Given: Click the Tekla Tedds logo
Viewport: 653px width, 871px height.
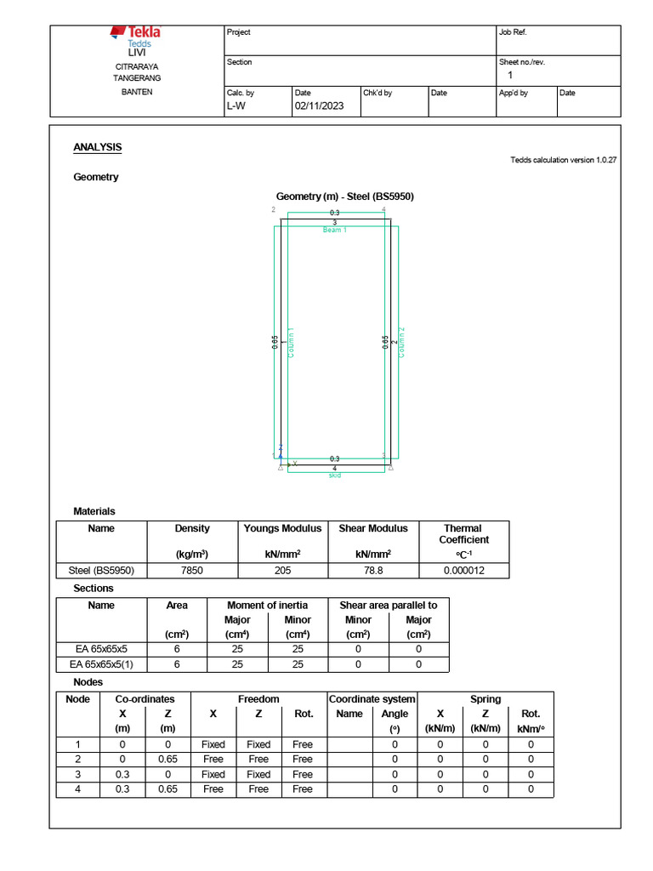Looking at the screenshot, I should [x=136, y=37].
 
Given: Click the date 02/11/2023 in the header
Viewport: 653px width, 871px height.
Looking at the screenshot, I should [x=319, y=106].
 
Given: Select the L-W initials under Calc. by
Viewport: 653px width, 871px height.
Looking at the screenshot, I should [x=236, y=106].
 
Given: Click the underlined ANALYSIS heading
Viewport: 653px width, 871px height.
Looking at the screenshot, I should [x=98, y=147].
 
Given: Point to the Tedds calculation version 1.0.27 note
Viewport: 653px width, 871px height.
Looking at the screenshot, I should [x=563, y=160].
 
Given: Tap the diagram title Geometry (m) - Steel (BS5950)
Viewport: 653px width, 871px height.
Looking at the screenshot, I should [x=345, y=196].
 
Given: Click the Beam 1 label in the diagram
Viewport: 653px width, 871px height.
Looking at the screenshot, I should [x=335, y=231].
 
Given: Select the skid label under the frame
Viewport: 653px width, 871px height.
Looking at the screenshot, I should [x=335, y=475].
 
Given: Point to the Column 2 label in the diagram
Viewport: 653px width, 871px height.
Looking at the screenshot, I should [x=402, y=342].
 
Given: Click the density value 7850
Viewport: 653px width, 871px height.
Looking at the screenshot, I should [x=192, y=571].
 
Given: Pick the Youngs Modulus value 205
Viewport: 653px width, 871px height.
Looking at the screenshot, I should [x=282, y=571].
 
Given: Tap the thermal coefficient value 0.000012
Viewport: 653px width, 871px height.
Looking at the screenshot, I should [x=462, y=571].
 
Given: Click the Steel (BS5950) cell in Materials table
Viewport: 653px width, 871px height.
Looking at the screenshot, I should [x=101, y=571].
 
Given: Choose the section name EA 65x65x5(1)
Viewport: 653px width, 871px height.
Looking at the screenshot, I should [x=101, y=664].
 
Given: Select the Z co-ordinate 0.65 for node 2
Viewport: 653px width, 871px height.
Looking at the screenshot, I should [x=168, y=760].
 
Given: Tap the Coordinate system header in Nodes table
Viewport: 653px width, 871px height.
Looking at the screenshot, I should [x=372, y=699].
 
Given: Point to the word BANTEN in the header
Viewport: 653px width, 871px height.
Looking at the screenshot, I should [x=137, y=92].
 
